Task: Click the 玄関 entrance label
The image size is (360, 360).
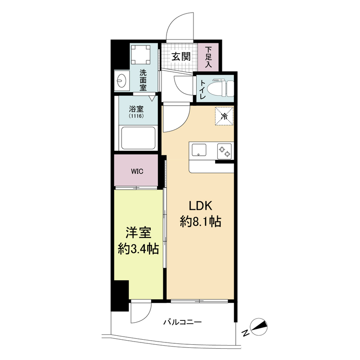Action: click(x=181, y=57)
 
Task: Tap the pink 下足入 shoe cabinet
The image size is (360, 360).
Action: click(x=208, y=57)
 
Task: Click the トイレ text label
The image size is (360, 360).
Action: click(x=202, y=89)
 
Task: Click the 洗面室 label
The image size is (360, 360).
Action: click(x=143, y=80)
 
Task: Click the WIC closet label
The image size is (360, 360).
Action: click(x=137, y=171)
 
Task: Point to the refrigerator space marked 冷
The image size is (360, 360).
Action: click(x=224, y=116)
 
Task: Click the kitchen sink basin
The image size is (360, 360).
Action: click(x=198, y=150)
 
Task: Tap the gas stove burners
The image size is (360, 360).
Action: click(x=225, y=150)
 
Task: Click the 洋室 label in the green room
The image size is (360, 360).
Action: click(x=138, y=234)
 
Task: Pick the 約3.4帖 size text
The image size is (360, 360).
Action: click(x=138, y=249)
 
